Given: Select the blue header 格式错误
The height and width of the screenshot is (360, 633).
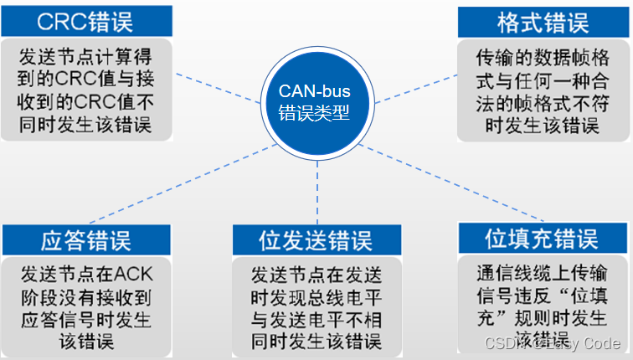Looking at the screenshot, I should (542, 21).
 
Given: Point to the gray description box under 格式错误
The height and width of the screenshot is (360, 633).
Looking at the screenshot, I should (542, 90).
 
